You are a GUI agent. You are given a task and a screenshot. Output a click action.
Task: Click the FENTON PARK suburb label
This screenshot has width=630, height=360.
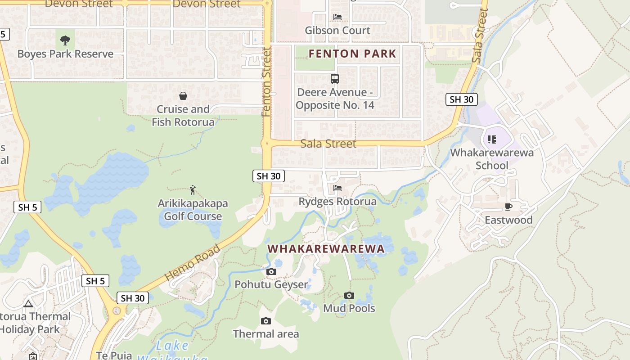tap(352, 54)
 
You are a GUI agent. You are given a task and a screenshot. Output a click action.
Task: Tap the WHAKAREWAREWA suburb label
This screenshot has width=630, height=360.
tap(326, 248)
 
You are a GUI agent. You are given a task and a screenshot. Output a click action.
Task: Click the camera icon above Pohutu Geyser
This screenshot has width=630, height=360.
tap(271, 271)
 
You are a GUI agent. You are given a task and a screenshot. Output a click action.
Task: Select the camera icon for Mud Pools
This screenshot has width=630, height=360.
tap(349, 295)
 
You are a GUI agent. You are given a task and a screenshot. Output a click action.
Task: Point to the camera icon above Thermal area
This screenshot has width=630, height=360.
tap(266, 321)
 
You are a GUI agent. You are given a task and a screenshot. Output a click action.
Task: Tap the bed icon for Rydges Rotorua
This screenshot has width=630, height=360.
tap(337, 188)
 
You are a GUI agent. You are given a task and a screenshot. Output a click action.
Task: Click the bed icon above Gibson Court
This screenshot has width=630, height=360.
tap(337, 17)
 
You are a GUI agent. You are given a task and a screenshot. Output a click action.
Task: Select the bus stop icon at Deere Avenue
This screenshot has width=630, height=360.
tap(335, 79)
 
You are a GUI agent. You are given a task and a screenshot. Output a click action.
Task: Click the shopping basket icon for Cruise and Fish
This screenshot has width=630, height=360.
tap(183, 96)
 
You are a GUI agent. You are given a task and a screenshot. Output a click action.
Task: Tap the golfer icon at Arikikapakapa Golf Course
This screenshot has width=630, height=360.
tap(193, 190)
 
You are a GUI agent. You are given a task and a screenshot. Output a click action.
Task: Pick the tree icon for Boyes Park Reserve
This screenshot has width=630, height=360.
tap(65, 40)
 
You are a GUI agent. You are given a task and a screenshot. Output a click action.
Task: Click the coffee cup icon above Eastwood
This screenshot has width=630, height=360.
tap(508, 207)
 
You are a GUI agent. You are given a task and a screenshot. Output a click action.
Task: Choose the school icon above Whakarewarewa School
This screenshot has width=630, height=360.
tap(492, 139)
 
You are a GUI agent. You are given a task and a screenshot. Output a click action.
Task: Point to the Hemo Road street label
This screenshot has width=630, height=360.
tap(193, 263)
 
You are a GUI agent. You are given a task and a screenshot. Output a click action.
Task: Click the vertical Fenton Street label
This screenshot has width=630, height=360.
tap(267, 82)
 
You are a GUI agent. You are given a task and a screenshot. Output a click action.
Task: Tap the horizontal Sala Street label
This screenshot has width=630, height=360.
tap(328, 144)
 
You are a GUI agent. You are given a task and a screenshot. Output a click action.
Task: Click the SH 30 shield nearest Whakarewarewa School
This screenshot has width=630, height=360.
tap(461, 99)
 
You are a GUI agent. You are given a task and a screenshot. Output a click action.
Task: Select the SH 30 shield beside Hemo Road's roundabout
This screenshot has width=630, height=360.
tap(133, 298)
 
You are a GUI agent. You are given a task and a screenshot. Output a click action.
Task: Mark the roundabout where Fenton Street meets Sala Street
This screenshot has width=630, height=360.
tap(267, 144)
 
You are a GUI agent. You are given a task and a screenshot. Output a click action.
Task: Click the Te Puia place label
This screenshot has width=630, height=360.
tap(114, 355)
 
